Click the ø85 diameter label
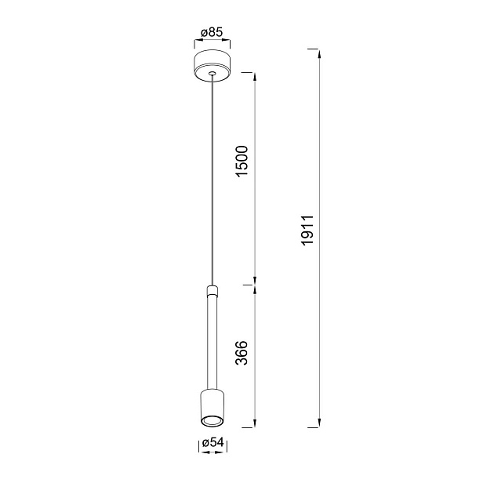coord(212,32)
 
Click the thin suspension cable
coord(211,180)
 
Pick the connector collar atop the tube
coord(211,291)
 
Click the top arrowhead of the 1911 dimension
coord(319,53)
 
